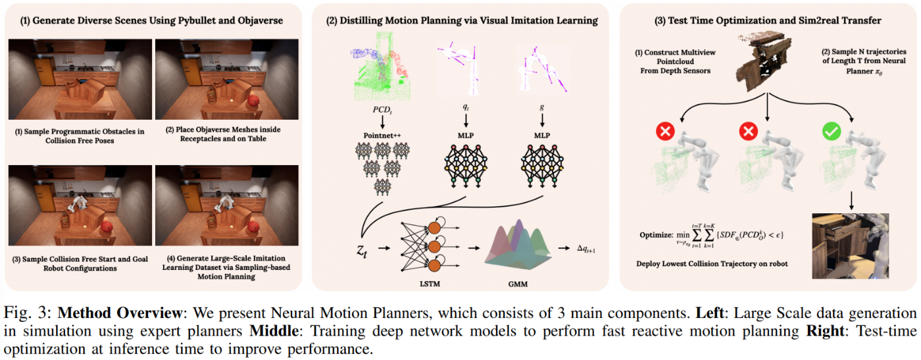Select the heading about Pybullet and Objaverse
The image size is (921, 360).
[x=153, y=20]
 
